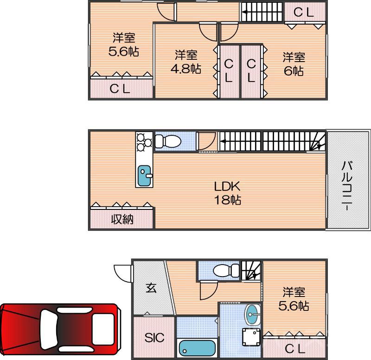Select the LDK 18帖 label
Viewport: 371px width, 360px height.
point(227,194)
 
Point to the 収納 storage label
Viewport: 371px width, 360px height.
point(122,219)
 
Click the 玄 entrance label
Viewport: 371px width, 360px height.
point(151,288)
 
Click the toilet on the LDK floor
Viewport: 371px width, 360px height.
point(166,141)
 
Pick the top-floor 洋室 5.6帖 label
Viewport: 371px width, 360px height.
point(124,44)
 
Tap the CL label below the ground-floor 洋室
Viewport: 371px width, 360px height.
point(295,348)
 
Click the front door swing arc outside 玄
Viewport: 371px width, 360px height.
point(122,272)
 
